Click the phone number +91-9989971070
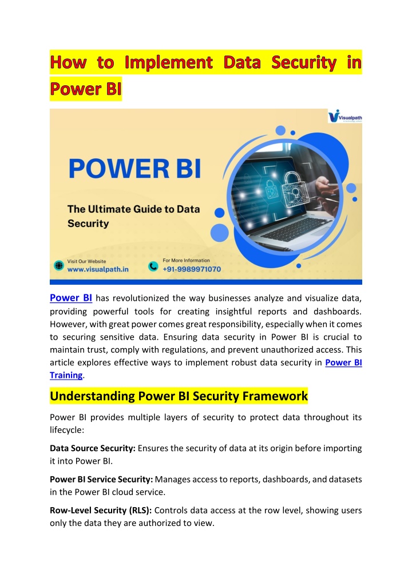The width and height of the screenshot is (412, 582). pyautogui.click(x=192, y=269)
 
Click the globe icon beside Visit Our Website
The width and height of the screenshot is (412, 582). pyautogui.click(x=59, y=266)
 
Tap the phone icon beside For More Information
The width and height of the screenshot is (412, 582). pyautogui.click(x=153, y=266)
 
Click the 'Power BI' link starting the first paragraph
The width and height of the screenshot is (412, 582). pyautogui.click(x=71, y=298)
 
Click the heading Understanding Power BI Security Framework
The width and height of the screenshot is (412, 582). pyautogui.click(x=179, y=396)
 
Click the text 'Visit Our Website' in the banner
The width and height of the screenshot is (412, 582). pyautogui.click(x=87, y=261)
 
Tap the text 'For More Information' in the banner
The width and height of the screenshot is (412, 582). pyautogui.click(x=186, y=261)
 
